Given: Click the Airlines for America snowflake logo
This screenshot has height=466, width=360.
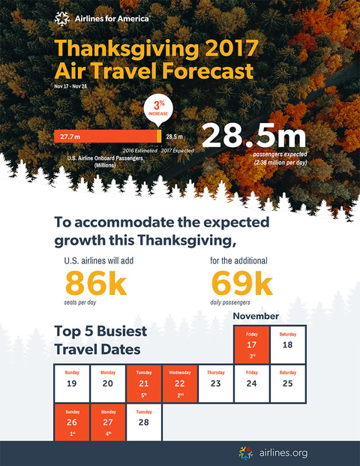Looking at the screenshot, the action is tap(61, 19).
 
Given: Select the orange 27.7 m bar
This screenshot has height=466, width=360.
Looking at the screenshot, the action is tap(106, 137).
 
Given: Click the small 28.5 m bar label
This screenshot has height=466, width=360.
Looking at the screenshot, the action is tap(174, 137).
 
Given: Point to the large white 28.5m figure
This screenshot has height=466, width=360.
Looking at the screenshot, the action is tap(254, 136).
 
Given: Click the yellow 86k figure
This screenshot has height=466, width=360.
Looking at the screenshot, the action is tap(96, 283).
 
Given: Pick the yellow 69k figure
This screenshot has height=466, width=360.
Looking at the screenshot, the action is tap(241, 283).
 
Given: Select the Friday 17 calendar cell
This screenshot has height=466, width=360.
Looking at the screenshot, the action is tap(251, 344).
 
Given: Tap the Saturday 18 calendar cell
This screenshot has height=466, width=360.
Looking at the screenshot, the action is tap(287, 344).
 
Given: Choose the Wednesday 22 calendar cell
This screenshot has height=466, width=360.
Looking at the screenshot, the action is tap(180, 383).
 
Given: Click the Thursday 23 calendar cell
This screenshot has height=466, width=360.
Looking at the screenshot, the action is tap(216, 383).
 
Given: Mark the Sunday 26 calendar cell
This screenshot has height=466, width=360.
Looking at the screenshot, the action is tap(72, 422).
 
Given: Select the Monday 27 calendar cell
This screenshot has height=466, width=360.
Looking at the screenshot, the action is tap(108, 422).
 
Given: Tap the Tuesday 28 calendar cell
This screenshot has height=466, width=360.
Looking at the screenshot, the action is tap(144, 422).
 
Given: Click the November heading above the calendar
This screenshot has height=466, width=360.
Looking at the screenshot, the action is tap(256, 316).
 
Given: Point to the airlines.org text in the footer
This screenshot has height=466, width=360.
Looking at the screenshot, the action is tap(283, 453).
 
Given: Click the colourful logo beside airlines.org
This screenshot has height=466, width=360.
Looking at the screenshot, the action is tap(246, 453).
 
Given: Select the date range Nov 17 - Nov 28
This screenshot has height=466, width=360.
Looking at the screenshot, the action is tap(70, 86).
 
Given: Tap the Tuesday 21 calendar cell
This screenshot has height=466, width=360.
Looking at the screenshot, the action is tap(144, 383).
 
